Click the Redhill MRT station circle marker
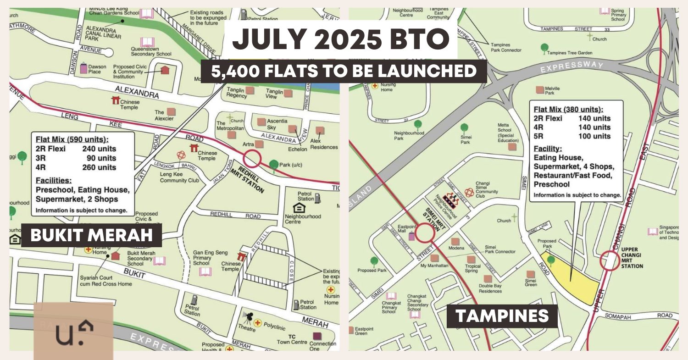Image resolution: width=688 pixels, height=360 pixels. (252, 159)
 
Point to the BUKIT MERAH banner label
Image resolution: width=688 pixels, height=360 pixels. (91, 236)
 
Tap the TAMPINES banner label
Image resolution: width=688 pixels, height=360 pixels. (502, 316)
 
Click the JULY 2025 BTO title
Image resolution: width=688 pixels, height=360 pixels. (340, 40)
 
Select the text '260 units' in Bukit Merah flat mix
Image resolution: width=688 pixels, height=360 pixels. (99, 167)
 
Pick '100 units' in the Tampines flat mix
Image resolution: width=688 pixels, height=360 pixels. (594, 136)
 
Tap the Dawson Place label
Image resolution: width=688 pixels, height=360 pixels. (97, 69)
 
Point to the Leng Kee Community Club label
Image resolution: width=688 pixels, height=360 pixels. (180, 177)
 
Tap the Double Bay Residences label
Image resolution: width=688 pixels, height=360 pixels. (490, 288)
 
